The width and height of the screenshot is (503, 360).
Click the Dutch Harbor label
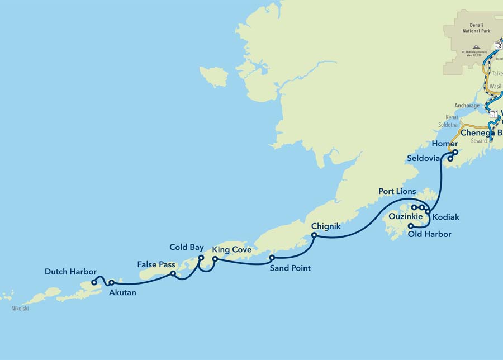coord(70,272)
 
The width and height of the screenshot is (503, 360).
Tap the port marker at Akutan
coord(111,282)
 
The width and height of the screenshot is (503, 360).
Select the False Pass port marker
coord(173,274)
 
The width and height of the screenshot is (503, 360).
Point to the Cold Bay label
coord(187,247)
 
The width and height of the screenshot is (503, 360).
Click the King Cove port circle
coord(215,259)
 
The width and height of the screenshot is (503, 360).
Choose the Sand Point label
coord(290,268)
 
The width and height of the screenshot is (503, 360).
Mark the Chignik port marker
coord(314,235)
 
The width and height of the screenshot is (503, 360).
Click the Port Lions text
coord(397,191)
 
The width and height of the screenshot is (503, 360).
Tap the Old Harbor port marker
coord(411,226)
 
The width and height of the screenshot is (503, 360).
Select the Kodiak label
coord(445,215)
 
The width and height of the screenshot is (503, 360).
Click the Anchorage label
coord(467,105)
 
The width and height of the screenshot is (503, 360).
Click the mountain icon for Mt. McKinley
coord(476,48)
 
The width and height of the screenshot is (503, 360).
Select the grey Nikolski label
coord(19,308)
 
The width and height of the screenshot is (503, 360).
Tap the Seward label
coord(478,141)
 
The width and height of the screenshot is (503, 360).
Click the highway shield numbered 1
coord(493,114)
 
